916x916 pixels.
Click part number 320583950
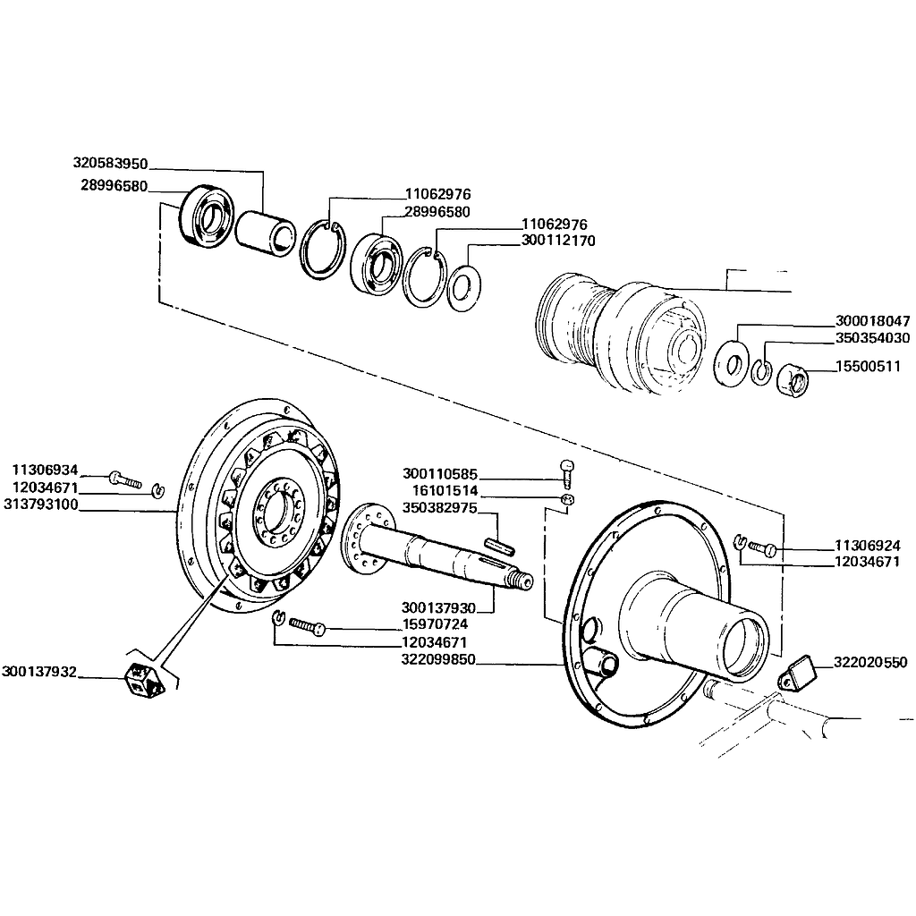click(110, 163)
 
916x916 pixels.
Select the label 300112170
click(558, 240)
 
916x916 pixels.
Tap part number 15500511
click(868, 366)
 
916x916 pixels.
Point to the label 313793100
click(41, 505)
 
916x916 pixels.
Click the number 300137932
click(39, 672)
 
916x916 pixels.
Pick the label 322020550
click(870, 662)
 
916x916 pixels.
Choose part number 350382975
click(440, 508)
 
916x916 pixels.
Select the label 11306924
click(868, 546)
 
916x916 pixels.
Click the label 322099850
click(438, 659)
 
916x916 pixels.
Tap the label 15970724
click(436, 624)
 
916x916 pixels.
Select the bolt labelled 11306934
click(125, 480)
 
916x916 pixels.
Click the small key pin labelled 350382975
click(499, 547)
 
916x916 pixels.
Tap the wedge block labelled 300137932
click(146, 680)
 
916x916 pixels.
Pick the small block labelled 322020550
click(798, 673)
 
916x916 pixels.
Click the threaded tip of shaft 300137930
click(522, 581)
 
